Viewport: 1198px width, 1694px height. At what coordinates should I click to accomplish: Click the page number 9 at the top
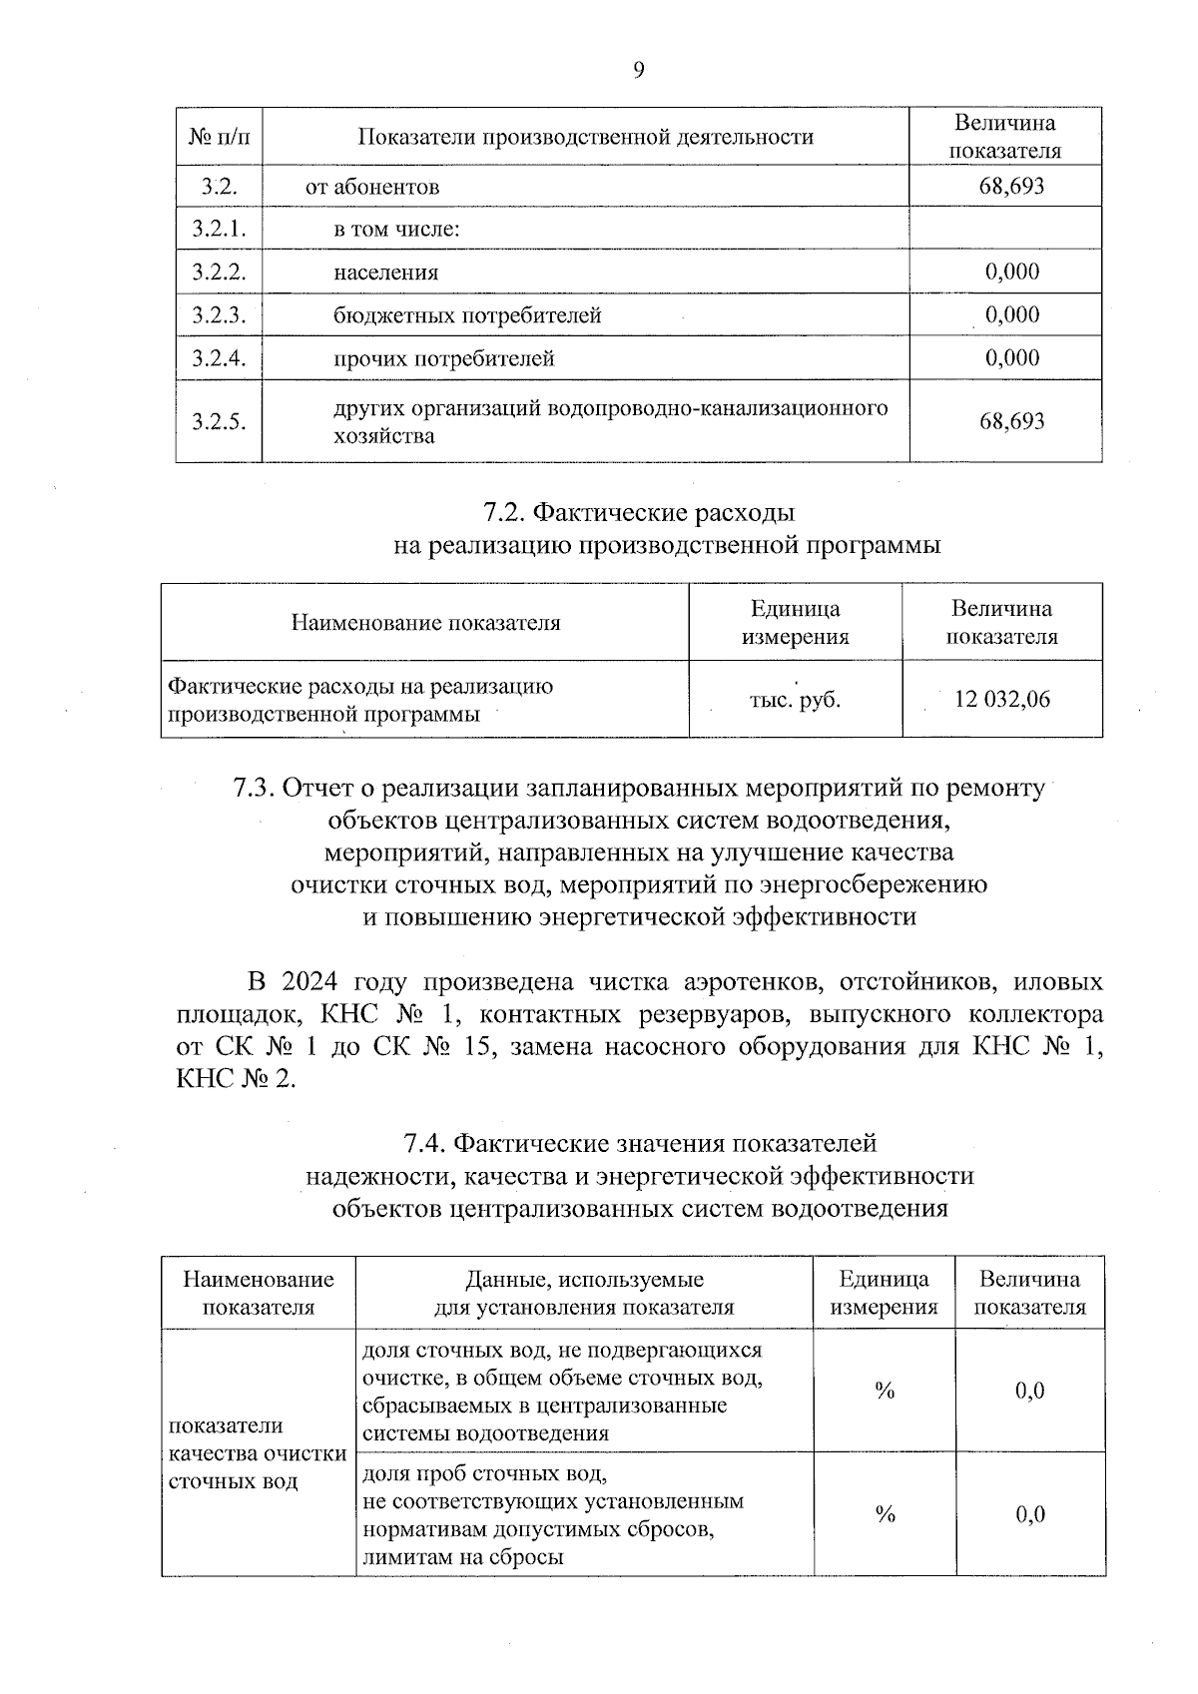[x=639, y=69]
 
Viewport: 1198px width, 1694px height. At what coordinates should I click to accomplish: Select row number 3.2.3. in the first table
[x=219, y=315]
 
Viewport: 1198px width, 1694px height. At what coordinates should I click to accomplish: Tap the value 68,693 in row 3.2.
[x=1011, y=187]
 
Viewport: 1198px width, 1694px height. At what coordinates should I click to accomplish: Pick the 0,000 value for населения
[x=1011, y=272]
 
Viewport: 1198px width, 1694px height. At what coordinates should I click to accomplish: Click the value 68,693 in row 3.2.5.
[x=1011, y=421]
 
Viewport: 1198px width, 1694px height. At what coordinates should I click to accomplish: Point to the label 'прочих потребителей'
[x=443, y=358]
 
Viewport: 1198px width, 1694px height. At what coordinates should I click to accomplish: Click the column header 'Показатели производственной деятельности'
[x=585, y=137]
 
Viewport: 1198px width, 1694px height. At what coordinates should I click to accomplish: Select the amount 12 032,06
[x=1002, y=699]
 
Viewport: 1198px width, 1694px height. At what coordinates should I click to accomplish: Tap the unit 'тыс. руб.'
[x=795, y=700]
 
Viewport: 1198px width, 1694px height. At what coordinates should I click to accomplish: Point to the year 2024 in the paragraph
[x=311, y=981]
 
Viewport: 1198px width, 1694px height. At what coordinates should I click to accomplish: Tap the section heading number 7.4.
[x=426, y=1142]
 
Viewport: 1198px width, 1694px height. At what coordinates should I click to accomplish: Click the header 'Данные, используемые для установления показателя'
[x=584, y=1293]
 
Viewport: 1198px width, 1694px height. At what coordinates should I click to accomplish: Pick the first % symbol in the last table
[x=884, y=1391]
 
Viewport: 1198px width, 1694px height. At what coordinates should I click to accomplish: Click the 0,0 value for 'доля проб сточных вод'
[x=1029, y=1514]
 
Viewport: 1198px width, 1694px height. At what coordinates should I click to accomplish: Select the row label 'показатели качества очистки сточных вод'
[x=258, y=1452]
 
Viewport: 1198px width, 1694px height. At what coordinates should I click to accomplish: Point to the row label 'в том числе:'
[x=396, y=230]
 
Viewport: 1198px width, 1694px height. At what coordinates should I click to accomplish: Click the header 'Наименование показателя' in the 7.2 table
[x=425, y=623]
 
